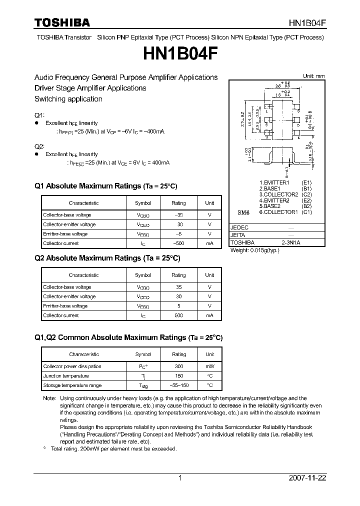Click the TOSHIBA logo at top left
click(x=62, y=22)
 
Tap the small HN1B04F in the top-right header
click(x=307, y=23)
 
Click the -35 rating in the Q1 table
click(x=178, y=215)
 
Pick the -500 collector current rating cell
click(x=178, y=243)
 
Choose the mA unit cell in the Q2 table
click(x=209, y=315)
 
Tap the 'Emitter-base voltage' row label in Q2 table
click(x=65, y=306)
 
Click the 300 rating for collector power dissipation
click(x=178, y=366)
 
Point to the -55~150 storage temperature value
click(x=178, y=385)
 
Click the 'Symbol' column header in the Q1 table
click(x=143, y=203)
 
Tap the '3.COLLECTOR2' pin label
click(x=278, y=194)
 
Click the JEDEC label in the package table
click(x=239, y=227)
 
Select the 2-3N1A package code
click(x=291, y=242)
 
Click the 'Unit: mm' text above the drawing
click(x=313, y=76)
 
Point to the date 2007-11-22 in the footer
click(x=307, y=478)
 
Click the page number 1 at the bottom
click(x=180, y=478)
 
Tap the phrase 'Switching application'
click(x=68, y=99)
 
